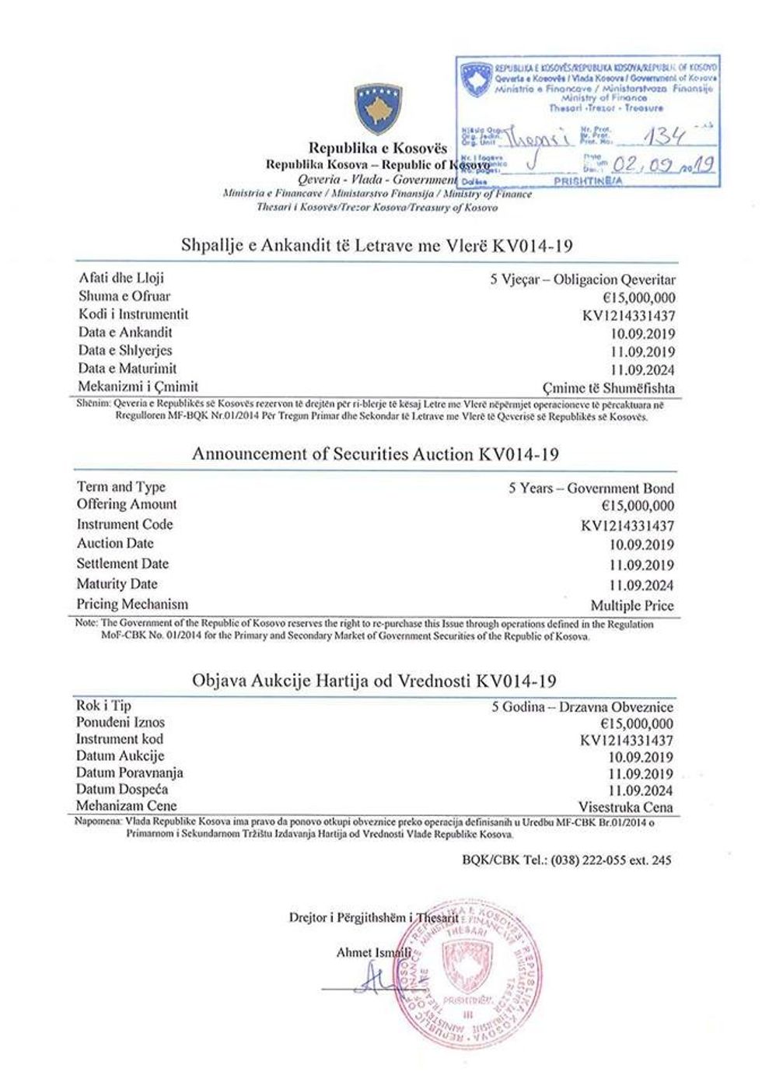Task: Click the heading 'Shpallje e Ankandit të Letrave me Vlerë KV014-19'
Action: click(377, 246)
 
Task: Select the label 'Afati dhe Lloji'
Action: click(121, 278)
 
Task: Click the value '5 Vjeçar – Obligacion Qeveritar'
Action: click(582, 280)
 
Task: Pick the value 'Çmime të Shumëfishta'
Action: click(608, 387)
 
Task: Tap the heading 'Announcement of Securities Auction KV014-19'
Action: click(376, 454)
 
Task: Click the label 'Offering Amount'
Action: click(127, 504)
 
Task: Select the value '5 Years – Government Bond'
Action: click(591, 489)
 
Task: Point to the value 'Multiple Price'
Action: click(632, 605)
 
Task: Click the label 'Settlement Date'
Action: click(122, 563)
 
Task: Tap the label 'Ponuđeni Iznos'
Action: click(121, 723)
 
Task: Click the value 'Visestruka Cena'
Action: click(626, 807)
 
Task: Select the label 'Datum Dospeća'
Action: click(122, 790)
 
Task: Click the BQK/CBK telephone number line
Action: click(565, 860)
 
